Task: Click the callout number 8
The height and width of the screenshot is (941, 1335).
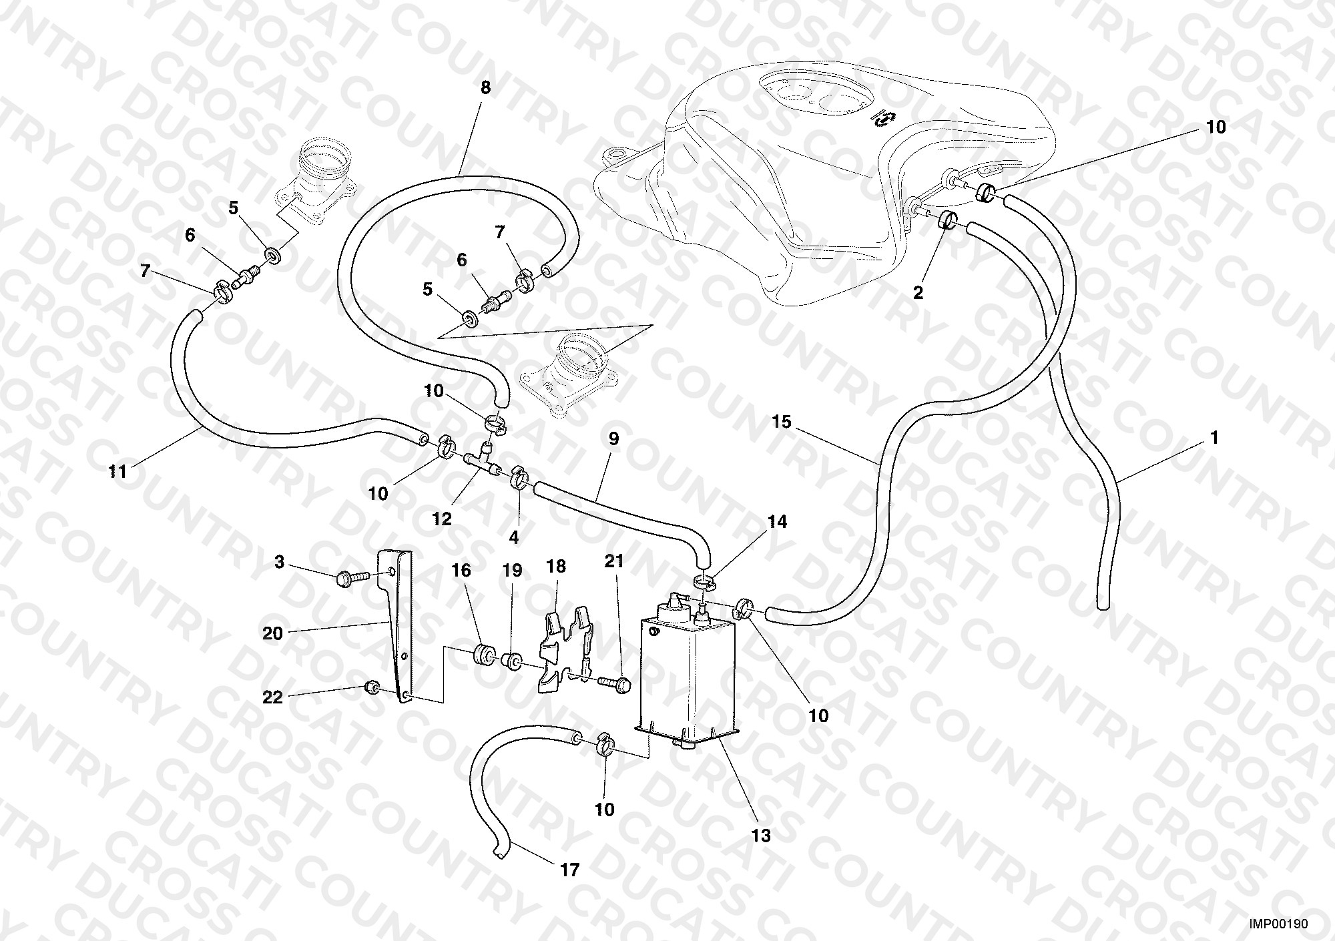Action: tap(485, 87)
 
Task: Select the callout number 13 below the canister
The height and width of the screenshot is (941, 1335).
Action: tap(761, 836)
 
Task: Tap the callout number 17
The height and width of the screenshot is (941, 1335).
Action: tap(570, 870)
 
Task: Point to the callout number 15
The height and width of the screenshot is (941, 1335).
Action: tap(782, 422)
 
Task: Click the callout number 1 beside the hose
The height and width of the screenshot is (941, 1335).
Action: tap(1214, 438)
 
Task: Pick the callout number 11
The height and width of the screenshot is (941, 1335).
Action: tap(117, 472)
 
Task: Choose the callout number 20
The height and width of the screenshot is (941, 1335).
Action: tap(272, 633)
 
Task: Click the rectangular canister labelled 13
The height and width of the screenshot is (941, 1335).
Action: tap(688, 674)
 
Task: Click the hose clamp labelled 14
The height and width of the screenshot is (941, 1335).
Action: tap(704, 581)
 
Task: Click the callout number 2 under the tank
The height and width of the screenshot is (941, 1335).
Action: tap(918, 292)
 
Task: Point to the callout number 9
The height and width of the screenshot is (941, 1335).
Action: tap(613, 438)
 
